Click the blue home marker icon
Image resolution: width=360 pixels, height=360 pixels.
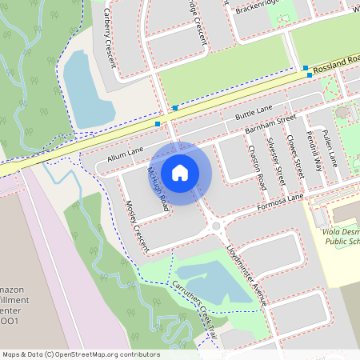click(180, 173)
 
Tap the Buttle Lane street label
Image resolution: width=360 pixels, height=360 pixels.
click(254, 112)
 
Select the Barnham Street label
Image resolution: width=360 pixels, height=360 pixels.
click(265, 124)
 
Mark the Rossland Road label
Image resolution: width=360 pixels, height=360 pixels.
click(337, 63)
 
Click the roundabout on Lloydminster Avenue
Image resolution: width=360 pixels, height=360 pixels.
click(215, 227)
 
